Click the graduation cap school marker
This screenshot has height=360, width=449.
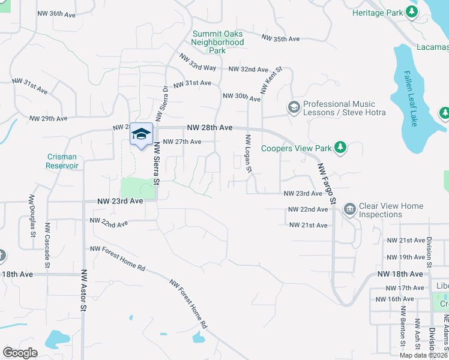point(141,134)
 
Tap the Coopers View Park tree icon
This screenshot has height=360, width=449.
point(340,147)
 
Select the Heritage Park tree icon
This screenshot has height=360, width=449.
point(411,12)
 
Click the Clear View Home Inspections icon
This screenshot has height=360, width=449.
point(349,209)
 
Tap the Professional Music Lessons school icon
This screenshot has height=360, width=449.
point(294,107)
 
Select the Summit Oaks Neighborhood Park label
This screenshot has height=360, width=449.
point(218,43)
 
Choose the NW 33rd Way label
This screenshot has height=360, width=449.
point(197,63)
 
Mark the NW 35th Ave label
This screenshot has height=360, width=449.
point(280,39)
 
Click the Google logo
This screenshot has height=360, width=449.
point(20,352)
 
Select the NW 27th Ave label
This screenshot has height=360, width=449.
point(182,142)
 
